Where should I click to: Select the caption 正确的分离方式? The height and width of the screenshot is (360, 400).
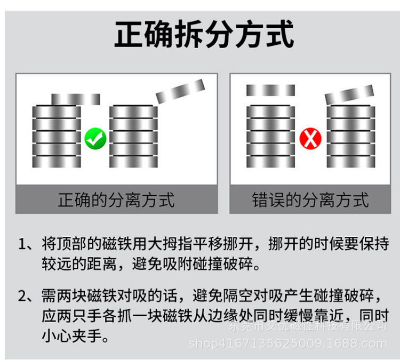116,200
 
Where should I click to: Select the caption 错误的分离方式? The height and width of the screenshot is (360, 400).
310,200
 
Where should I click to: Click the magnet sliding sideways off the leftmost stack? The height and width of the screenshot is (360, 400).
76,99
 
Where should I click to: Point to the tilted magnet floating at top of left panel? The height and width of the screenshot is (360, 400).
180,91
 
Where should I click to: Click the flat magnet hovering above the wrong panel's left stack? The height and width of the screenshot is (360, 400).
270,90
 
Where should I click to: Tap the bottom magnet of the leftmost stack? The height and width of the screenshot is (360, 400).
57,162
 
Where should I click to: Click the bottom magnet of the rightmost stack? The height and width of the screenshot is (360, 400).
351,162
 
